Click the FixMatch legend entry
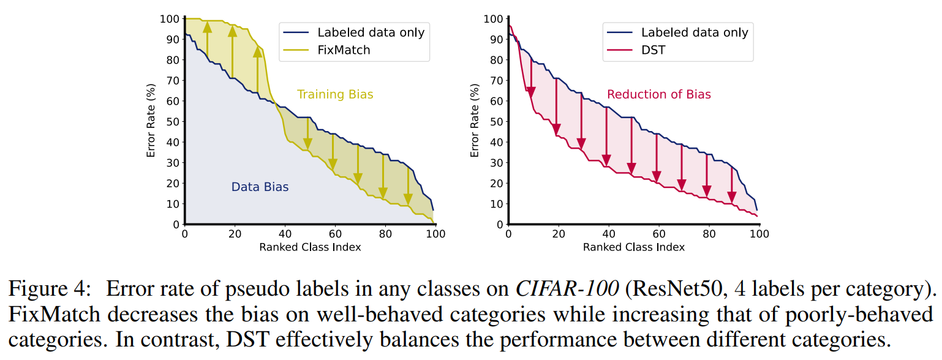pyautogui.click(x=344, y=50)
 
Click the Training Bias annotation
pyautogui.click(x=335, y=94)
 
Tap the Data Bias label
pyautogui.click(x=260, y=187)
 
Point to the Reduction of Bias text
pyautogui.click(x=659, y=94)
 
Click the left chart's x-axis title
pyautogui.click(x=309, y=247)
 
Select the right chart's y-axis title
pyautogui.click(x=475, y=121)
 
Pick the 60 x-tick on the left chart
pyautogui.click(x=335, y=234)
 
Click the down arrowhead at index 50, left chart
pyautogui.click(x=307, y=143)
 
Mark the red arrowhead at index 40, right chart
pyautogui.click(x=606, y=160)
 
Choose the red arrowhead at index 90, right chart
pyautogui.click(x=731, y=197)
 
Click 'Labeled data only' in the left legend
pyautogui.click(x=371, y=32)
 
